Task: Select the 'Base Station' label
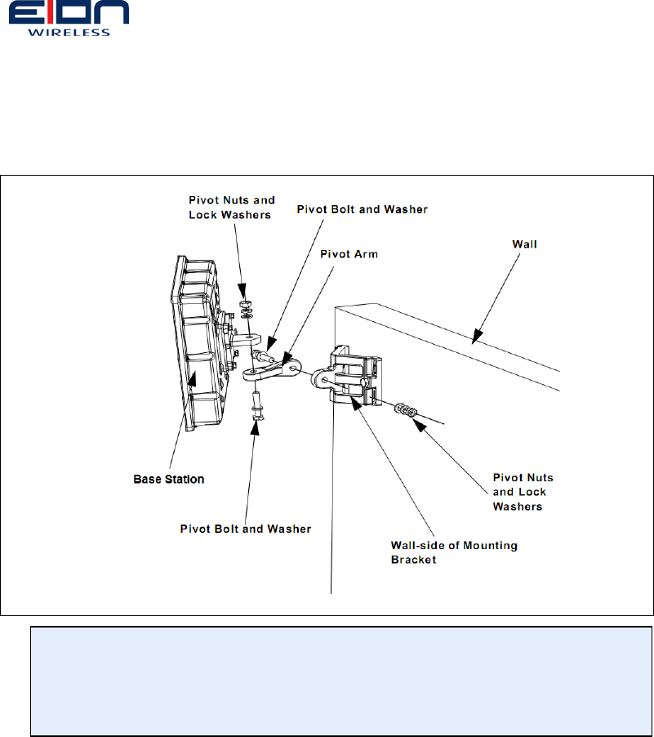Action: click(168, 478)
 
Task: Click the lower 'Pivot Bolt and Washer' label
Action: click(245, 529)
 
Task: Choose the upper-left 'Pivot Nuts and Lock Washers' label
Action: click(232, 206)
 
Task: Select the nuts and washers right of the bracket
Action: click(405, 409)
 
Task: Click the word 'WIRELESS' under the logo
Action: click(69, 33)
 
